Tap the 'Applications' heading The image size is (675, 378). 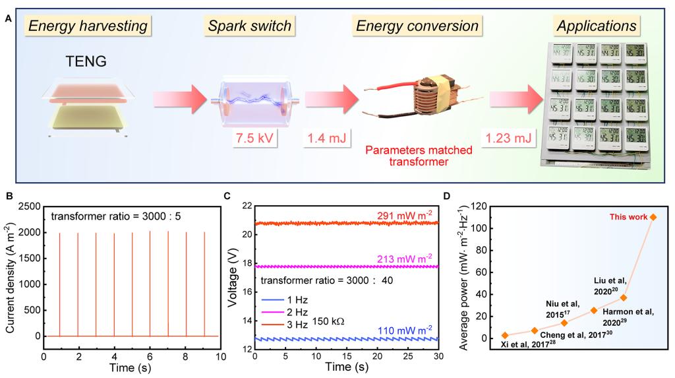597,26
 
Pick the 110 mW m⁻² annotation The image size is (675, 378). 403,329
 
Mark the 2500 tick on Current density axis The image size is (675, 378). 28,206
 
